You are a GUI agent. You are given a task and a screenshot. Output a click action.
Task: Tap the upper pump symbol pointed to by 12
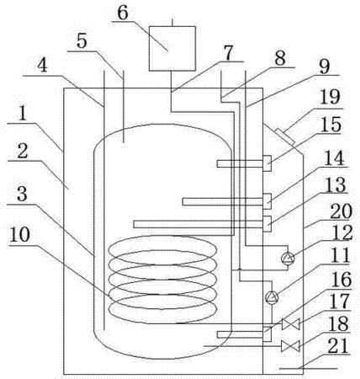click(288, 259)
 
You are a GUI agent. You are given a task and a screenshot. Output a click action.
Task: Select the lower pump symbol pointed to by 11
click(272, 297)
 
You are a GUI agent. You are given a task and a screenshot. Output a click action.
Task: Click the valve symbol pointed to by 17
click(290, 324)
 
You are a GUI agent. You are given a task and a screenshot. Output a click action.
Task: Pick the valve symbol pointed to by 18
click(290, 346)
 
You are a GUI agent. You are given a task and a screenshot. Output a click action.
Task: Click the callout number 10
click(19, 234)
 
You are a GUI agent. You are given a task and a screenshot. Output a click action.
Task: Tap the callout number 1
click(22, 113)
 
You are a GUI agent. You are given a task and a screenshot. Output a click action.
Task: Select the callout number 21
click(338, 345)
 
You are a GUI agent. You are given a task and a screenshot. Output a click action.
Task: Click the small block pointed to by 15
click(267, 163)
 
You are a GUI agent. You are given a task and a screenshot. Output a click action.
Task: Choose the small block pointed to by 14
click(267, 201)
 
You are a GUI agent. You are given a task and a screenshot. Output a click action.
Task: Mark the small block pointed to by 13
click(267, 224)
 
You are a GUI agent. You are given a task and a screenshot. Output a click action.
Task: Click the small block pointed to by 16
click(267, 334)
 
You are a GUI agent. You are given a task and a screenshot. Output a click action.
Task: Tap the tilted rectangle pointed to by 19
click(285, 136)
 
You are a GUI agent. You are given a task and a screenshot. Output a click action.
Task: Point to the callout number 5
click(82, 41)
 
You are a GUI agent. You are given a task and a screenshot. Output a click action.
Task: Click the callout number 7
click(228, 52)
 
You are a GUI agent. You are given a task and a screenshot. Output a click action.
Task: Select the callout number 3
click(22, 195)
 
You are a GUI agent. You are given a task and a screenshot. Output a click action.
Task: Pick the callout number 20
click(341, 211)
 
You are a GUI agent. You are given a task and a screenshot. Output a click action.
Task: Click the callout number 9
click(325, 67)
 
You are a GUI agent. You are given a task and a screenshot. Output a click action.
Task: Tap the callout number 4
click(42, 67)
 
